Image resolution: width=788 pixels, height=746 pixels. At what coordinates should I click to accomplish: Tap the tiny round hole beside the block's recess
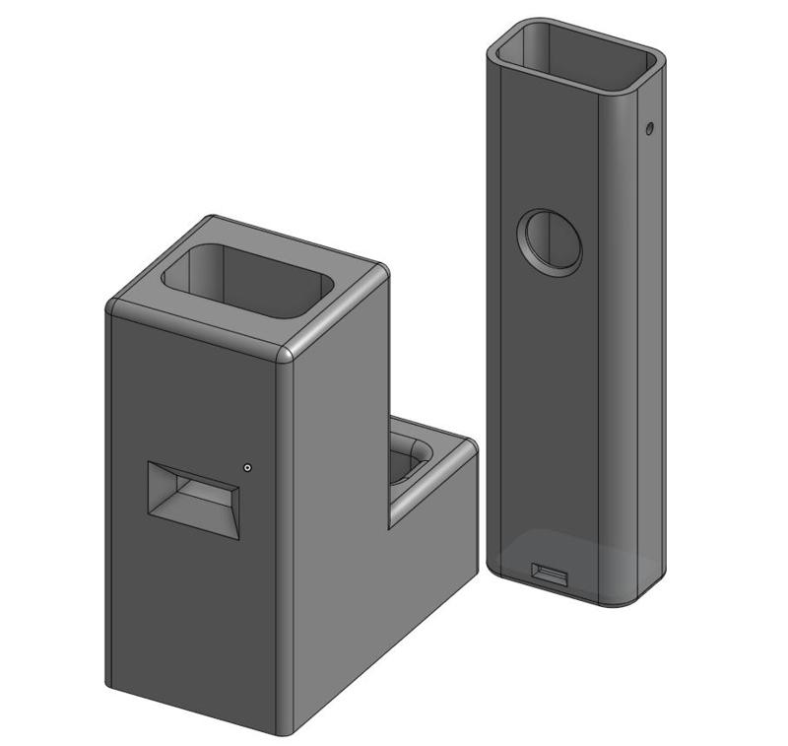tap(247, 468)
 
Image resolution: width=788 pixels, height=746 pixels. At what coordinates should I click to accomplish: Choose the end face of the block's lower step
tap(433, 572)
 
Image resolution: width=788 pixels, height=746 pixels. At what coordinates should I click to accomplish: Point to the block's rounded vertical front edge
tap(285, 542)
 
